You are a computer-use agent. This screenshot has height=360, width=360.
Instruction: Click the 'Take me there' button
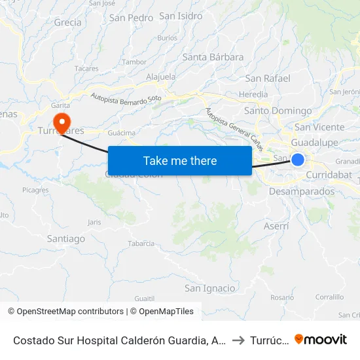tap(179, 160)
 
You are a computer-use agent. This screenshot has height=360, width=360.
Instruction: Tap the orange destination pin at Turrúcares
tap(62, 120)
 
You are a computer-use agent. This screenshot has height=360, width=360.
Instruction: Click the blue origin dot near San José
tap(298, 159)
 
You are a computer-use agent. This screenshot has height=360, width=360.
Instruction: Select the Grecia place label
tap(68, 22)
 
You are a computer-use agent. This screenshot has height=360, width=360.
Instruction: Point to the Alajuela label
tap(161, 77)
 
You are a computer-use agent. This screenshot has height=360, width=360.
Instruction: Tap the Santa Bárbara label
tap(213, 57)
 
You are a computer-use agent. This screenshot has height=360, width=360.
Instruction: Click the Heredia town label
tap(253, 94)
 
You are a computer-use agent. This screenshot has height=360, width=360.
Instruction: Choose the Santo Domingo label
tap(278, 111)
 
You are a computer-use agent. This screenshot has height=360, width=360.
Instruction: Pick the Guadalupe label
tap(314, 142)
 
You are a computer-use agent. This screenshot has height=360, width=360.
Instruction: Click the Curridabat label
tap(329, 175)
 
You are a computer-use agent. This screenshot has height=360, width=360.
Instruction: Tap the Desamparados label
tap(302, 192)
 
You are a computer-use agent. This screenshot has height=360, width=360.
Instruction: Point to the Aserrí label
tap(277, 226)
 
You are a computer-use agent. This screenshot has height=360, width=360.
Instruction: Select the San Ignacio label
tap(209, 288)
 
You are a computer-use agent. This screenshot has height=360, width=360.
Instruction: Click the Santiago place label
tap(66, 239)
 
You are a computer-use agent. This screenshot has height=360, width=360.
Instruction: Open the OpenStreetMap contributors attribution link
tap(70, 312)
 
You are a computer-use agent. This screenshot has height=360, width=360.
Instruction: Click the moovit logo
tap(320, 339)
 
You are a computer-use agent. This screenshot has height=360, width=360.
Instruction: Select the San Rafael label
tap(267, 79)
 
